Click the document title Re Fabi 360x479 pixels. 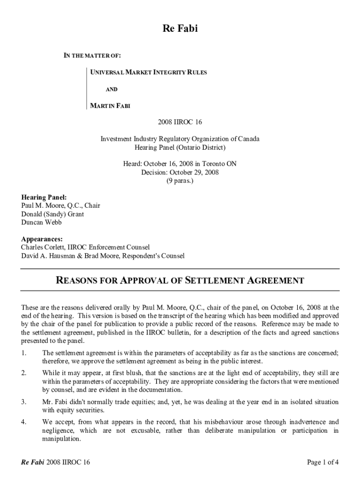(x=180, y=29)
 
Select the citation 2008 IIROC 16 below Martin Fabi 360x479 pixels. (x=180, y=123)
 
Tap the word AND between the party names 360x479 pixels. (x=111, y=89)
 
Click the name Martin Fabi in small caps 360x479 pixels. (x=110, y=106)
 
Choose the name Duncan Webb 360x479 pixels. (x=42, y=222)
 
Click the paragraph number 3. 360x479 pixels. (x=24, y=402)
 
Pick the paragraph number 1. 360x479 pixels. (x=24, y=353)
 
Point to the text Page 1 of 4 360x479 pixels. (x=323, y=463)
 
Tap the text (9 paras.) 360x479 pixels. (x=180, y=181)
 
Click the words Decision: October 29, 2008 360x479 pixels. (x=180, y=172)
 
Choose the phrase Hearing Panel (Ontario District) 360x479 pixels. (x=180, y=147)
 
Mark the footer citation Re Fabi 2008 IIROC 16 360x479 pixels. (x=56, y=463)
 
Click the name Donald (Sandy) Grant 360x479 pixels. (x=53, y=214)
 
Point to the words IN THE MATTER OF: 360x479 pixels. (x=92, y=56)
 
